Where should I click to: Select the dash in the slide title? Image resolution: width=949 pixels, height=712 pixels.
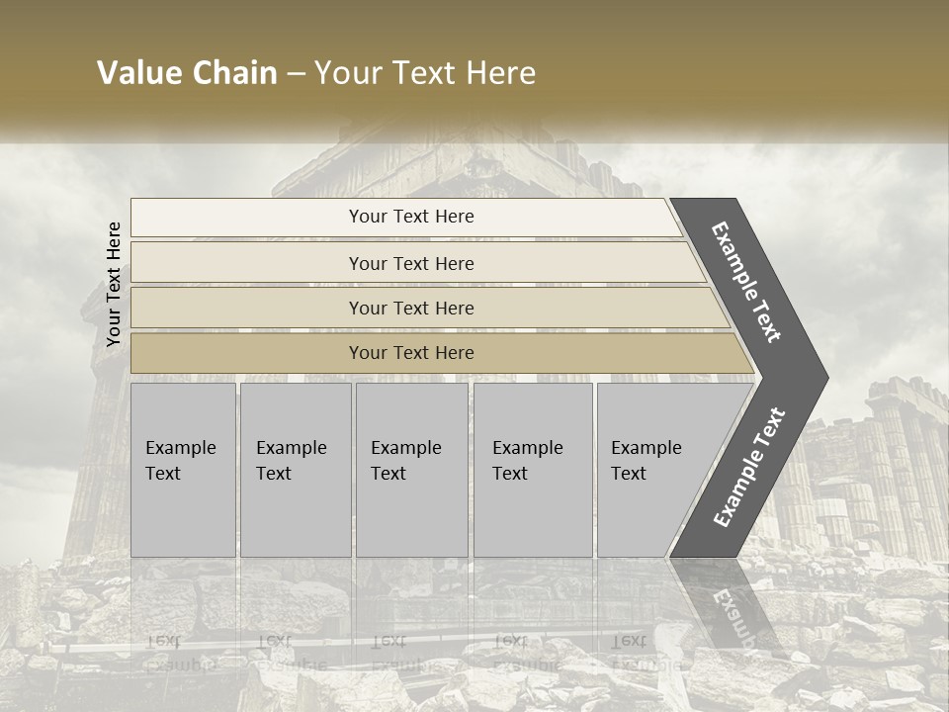(x=296, y=74)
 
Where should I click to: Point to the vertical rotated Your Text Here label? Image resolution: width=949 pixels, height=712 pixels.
(x=114, y=284)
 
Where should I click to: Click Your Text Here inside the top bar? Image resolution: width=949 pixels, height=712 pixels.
(x=411, y=217)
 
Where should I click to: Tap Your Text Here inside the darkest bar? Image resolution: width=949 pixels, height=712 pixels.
(x=411, y=353)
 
